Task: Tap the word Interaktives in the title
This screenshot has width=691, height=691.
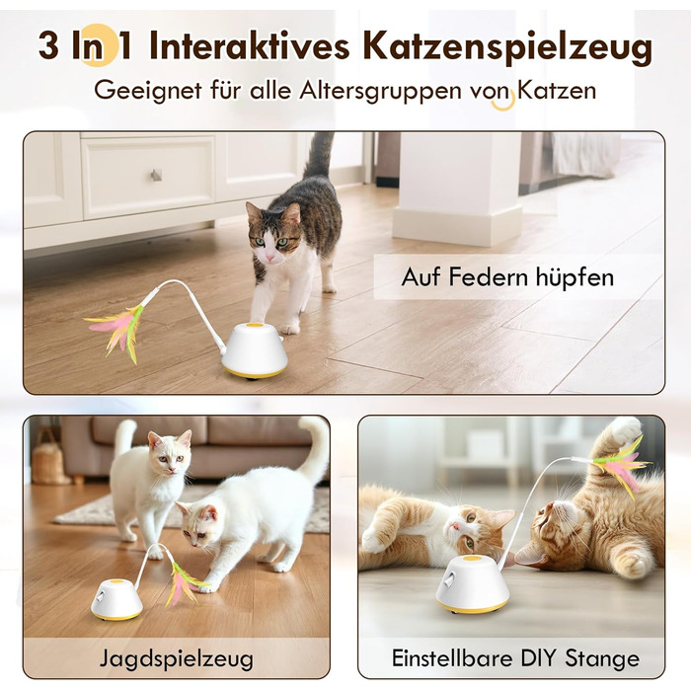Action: click(x=250, y=45)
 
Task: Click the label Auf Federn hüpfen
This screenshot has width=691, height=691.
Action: click(x=507, y=277)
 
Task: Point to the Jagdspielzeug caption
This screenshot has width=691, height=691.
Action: click(x=177, y=659)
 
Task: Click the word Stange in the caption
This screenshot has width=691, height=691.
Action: click(x=602, y=658)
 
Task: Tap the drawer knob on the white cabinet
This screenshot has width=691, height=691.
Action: click(x=156, y=175)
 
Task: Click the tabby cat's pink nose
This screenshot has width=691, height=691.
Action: click(x=269, y=256)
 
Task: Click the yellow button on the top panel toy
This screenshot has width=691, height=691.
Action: click(x=254, y=326)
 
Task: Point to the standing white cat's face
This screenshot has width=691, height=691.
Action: click(x=171, y=454)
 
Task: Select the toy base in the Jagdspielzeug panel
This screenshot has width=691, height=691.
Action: click(x=116, y=600)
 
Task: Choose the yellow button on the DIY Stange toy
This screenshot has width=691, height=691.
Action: click(x=474, y=560)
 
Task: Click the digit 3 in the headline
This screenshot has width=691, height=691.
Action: click(x=48, y=45)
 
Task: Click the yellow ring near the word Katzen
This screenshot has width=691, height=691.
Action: click(x=504, y=101)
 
